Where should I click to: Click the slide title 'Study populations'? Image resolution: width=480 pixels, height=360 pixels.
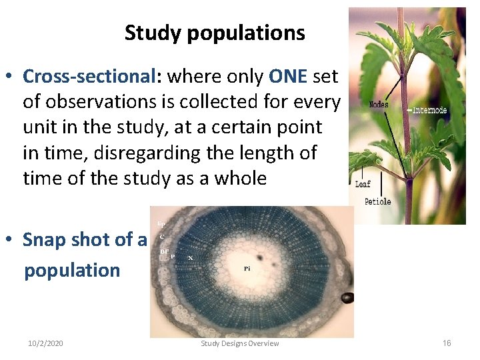215,33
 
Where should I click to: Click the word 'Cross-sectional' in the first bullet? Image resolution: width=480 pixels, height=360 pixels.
89,77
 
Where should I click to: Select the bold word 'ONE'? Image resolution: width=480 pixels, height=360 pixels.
287,77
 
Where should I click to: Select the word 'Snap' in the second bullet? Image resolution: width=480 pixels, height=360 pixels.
45,239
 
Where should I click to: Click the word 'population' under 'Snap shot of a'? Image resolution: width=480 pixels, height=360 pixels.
72,270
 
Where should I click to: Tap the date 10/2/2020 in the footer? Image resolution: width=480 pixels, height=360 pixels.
45,343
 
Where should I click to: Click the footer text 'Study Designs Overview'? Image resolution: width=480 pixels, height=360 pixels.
240,343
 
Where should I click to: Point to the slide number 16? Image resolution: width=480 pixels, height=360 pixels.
447,343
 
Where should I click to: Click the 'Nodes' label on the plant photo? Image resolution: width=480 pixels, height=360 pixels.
378,105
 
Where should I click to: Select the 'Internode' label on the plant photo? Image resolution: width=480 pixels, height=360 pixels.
430,110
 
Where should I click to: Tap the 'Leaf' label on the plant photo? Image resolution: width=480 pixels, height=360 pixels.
363,185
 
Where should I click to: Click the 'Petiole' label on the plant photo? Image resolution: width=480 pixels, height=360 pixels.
377,201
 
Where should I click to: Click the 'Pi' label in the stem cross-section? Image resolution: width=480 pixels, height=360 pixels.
247,269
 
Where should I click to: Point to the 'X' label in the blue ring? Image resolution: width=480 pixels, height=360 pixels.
191,257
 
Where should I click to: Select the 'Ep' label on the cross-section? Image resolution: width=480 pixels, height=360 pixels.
161,223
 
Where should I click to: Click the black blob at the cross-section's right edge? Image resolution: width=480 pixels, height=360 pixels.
347,297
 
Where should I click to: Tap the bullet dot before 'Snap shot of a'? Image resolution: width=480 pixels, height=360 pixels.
13,240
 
